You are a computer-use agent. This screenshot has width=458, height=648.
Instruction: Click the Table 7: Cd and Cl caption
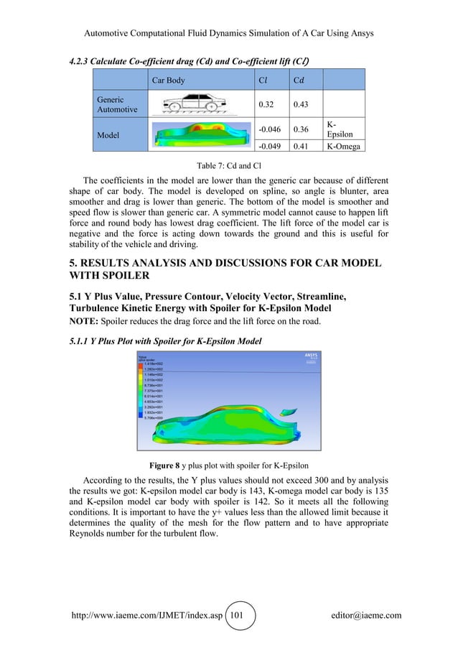[228, 164]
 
